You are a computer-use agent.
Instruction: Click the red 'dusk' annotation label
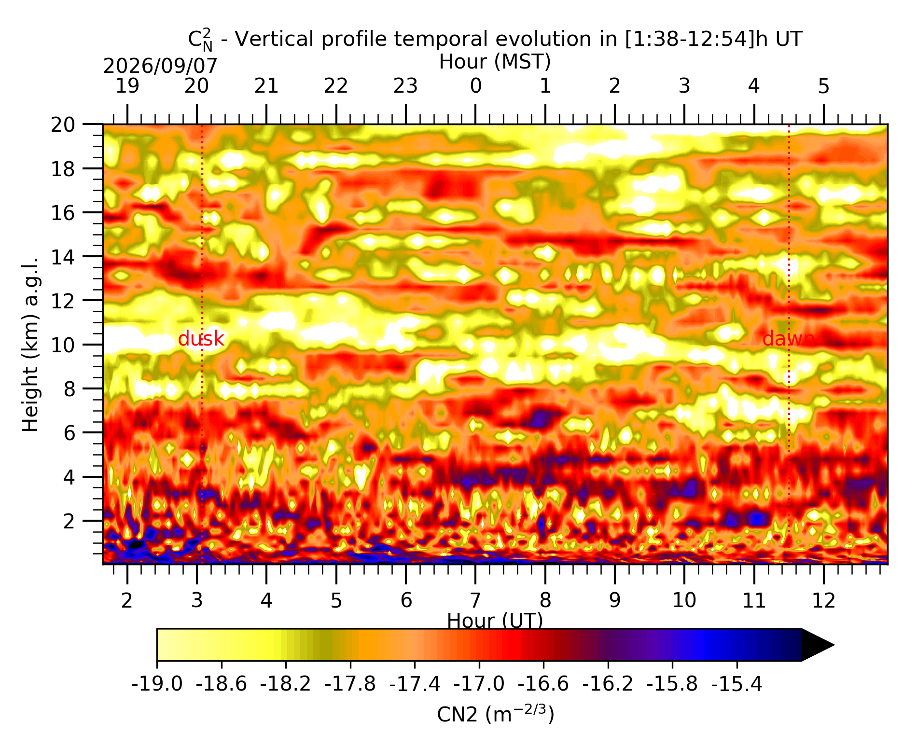(201, 339)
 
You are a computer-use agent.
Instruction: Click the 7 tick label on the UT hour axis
(475, 600)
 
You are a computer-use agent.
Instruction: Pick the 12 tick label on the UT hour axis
(824, 600)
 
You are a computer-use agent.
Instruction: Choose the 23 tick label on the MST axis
(405, 86)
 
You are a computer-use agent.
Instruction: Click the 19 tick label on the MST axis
(127, 86)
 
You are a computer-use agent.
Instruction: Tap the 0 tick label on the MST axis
(475, 86)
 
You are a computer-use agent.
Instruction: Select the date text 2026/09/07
(160, 66)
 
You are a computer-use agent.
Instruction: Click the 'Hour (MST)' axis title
(495, 62)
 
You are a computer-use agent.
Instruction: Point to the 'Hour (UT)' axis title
(495, 621)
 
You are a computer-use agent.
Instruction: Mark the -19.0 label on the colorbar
(157, 684)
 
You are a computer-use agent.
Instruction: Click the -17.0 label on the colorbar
(479, 684)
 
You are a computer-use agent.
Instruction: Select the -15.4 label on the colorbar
(737, 684)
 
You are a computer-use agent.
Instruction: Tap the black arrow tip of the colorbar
(834, 645)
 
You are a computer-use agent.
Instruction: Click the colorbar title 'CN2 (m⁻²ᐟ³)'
(496, 714)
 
